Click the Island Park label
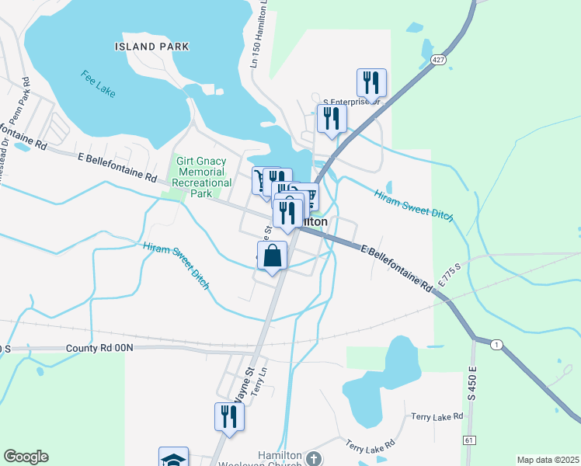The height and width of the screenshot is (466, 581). tap(151, 47)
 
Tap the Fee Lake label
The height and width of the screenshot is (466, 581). tap(97, 84)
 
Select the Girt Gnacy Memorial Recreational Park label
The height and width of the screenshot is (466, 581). tap(201, 177)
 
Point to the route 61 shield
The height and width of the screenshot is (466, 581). tap(469, 440)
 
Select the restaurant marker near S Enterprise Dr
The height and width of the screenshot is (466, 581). tap(372, 82)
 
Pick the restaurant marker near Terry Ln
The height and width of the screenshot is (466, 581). tap(229, 416)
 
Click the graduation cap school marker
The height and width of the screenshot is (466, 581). tap(173, 458)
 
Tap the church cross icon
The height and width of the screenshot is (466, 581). tap(313, 459)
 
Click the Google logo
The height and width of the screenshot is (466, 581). tap(26, 457)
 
